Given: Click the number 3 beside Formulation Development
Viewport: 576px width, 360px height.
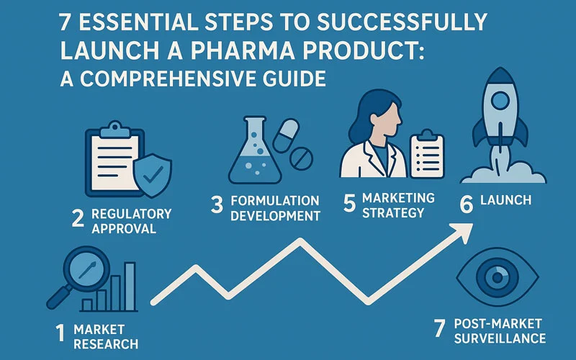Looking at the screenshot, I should point(217,207).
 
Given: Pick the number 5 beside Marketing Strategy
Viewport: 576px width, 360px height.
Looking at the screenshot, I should point(349,204).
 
